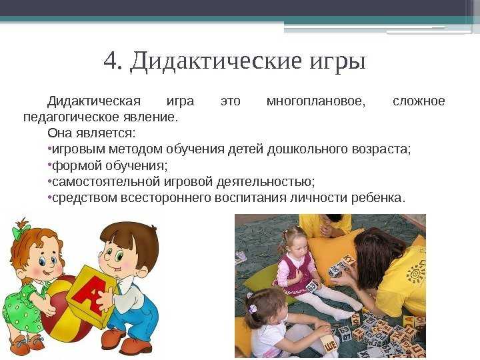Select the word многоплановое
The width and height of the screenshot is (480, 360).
(x=316, y=101)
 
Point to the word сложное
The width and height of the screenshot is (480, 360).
(x=419, y=101)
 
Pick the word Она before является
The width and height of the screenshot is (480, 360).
(x=60, y=133)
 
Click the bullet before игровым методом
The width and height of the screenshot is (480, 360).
(x=49, y=149)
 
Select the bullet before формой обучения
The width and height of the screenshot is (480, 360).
(x=49, y=165)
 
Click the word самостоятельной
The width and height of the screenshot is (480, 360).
(x=106, y=181)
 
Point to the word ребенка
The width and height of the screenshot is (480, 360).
(x=378, y=198)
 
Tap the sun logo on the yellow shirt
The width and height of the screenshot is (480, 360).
(x=416, y=274)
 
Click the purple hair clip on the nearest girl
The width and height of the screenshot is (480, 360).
(x=252, y=309)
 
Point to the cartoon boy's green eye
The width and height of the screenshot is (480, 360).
(x=119, y=255)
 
